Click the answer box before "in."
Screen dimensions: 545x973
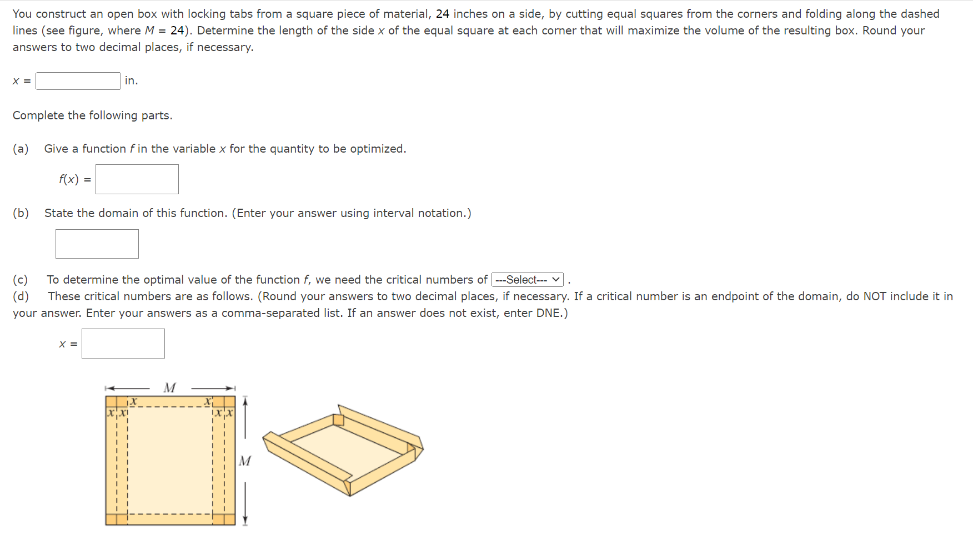click(78, 81)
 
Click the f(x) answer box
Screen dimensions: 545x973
click(137, 179)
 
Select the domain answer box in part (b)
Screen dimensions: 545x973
click(97, 244)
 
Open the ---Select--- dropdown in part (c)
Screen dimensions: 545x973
click(527, 280)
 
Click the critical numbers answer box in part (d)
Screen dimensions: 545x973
click(123, 344)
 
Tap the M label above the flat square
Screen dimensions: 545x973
click(170, 388)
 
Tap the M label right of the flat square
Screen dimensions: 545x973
click(245, 461)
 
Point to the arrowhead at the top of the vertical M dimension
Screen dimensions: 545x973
click(245, 400)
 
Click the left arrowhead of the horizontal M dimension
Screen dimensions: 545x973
click(109, 388)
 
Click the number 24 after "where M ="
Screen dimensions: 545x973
click(177, 31)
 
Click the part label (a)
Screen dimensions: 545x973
click(21, 149)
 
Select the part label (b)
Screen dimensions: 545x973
click(21, 213)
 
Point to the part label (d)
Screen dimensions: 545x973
click(21, 296)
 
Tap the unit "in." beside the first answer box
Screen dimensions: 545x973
click(131, 81)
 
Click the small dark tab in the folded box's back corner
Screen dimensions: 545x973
click(338, 420)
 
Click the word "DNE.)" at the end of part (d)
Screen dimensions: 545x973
click(552, 313)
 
